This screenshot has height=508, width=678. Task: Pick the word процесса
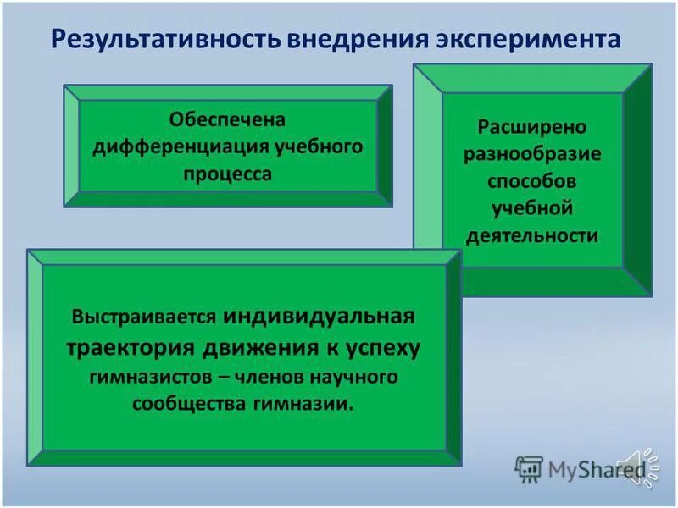229,174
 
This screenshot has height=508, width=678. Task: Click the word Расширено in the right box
531,127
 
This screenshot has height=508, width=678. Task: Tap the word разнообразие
532,154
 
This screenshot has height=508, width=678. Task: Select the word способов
531,181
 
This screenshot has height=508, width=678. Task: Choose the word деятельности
531,235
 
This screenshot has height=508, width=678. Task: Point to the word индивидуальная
320,317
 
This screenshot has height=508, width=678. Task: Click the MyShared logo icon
530,468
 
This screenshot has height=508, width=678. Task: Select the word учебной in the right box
532,207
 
